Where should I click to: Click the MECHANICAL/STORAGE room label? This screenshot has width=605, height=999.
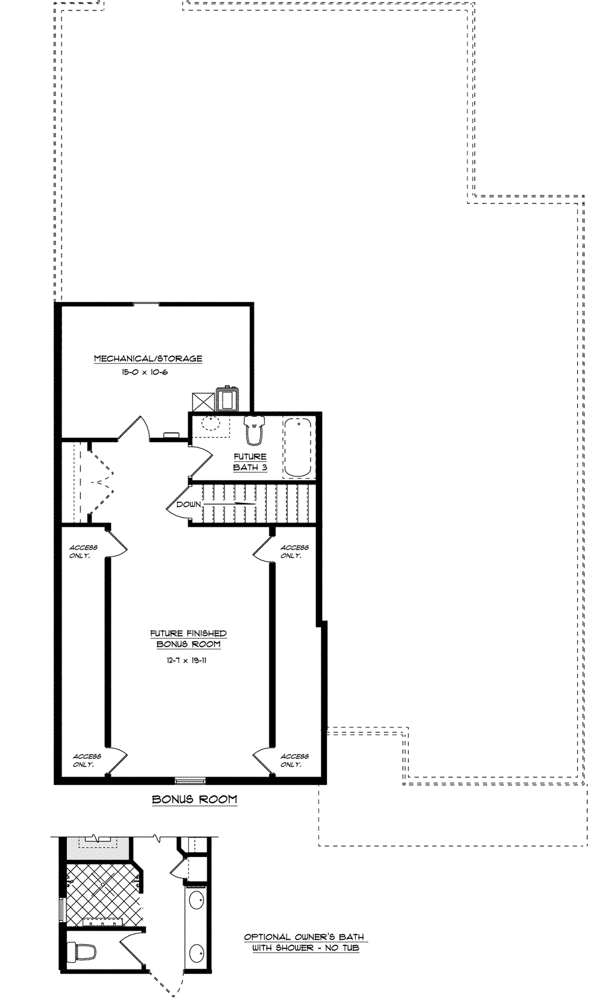[x=148, y=358]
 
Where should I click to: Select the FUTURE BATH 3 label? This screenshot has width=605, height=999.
[x=250, y=462]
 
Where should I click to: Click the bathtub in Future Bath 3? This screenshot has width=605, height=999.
[x=298, y=448]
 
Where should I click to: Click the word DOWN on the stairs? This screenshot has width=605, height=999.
[x=189, y=504]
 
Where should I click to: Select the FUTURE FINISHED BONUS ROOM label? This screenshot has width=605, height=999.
[x=188, y=639]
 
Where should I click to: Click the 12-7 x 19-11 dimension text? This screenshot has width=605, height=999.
[x=186, y=660]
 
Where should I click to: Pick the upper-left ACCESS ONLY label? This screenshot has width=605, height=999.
[x=83, y=551]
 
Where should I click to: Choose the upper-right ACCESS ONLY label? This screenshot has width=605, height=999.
[x=295, y=551]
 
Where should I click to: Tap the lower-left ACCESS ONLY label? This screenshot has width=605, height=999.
[x=87, y=760]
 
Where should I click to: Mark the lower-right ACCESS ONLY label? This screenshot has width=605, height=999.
[x=295, y=760]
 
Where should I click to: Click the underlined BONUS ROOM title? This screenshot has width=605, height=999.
[x=194, y=799]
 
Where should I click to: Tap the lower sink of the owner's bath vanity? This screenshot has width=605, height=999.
[x=197, y=954]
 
